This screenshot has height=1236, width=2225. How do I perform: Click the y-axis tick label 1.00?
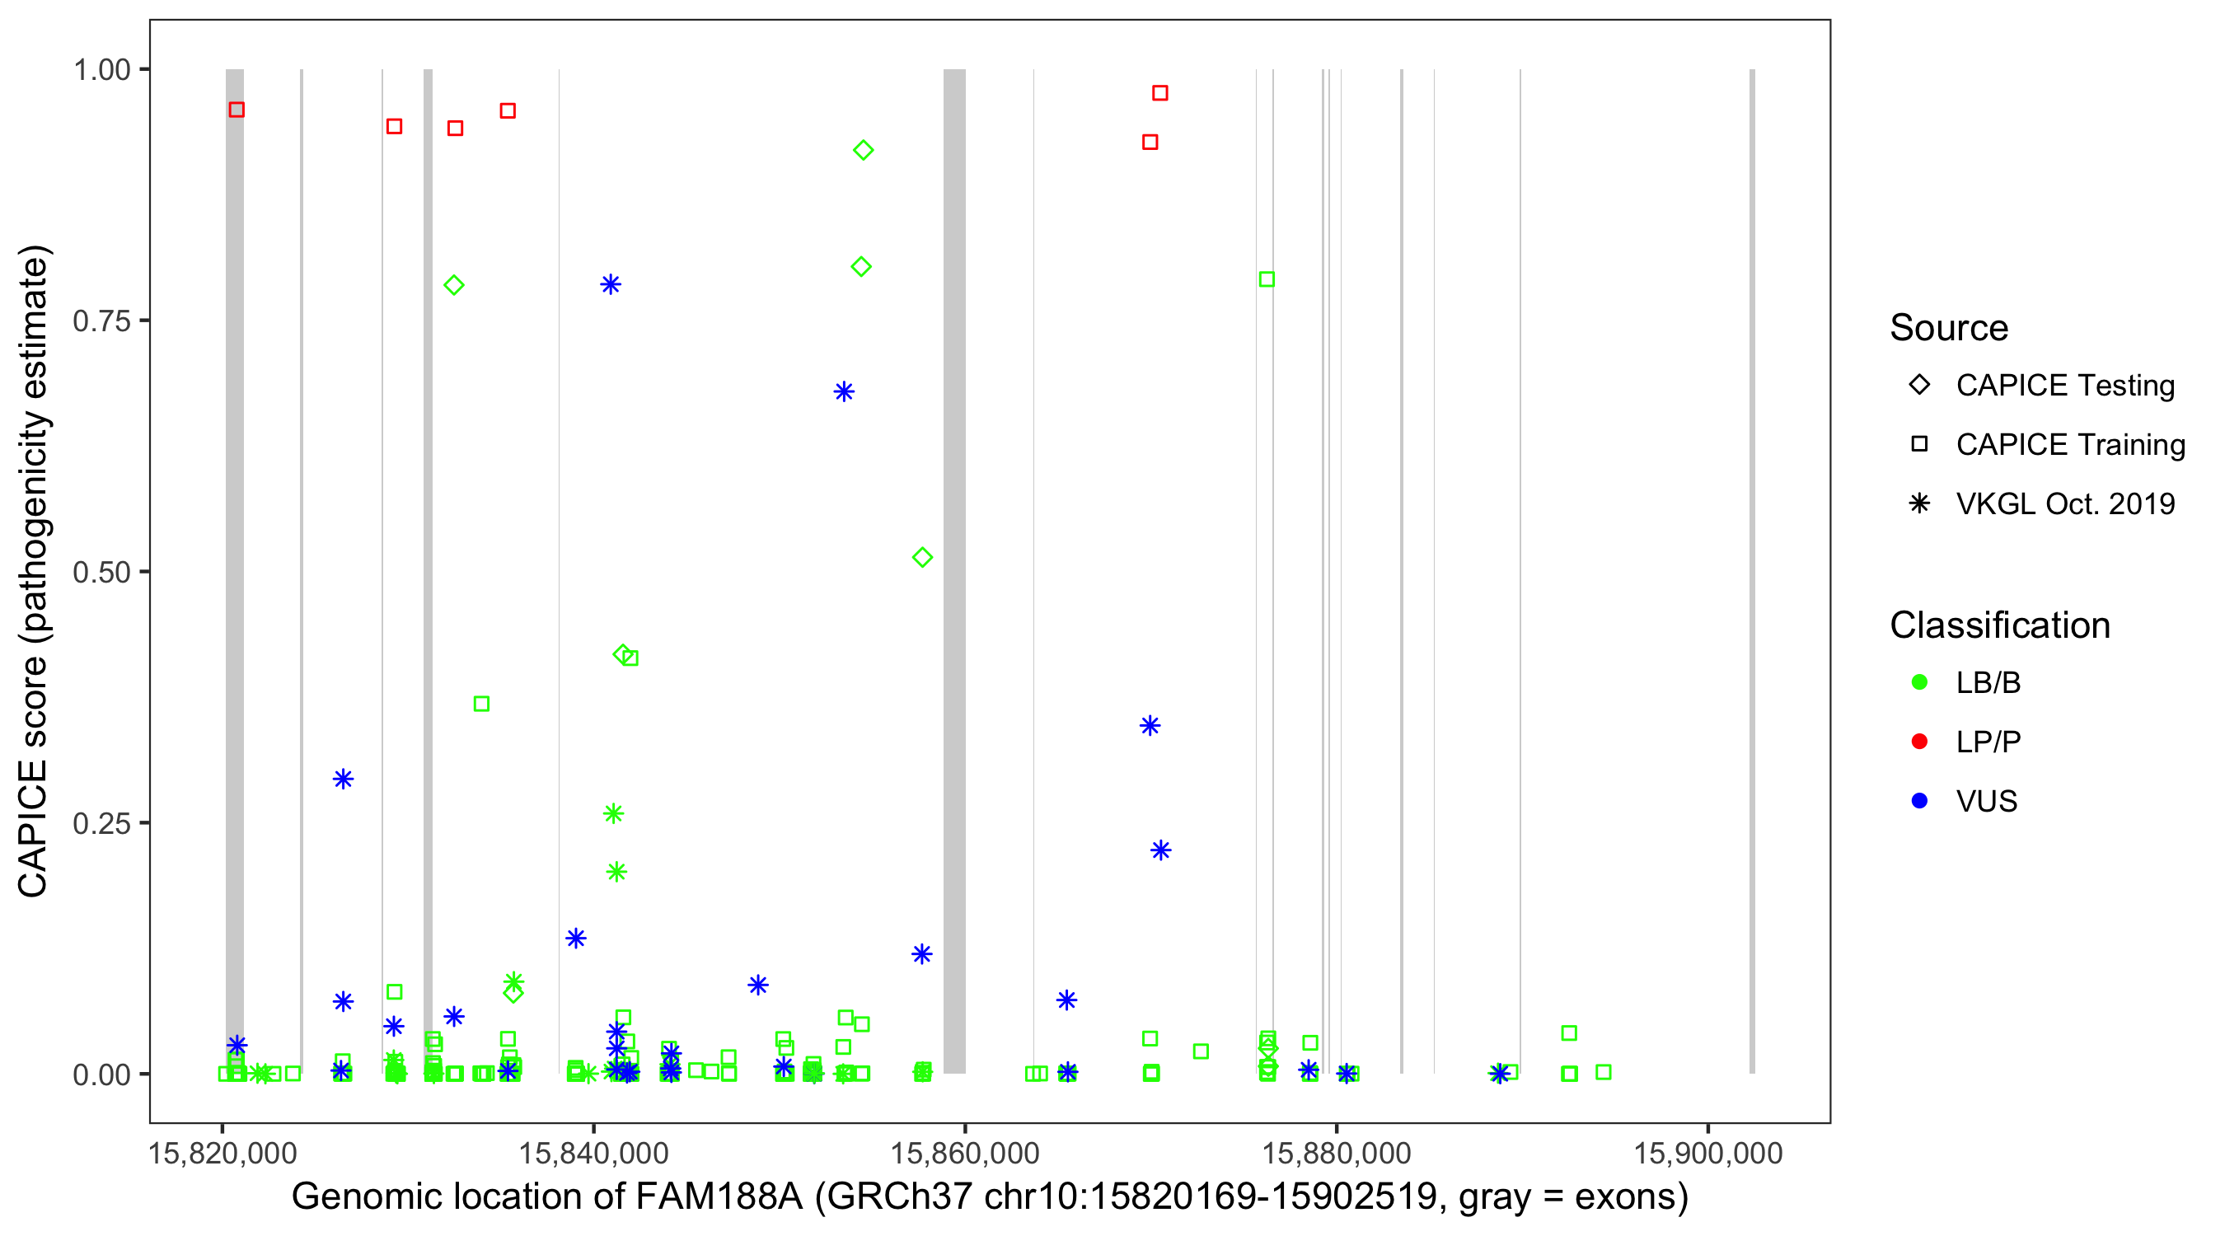point(101,70)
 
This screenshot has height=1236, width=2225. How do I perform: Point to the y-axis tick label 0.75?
point(101,321)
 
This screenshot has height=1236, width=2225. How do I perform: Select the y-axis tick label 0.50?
point(101,572)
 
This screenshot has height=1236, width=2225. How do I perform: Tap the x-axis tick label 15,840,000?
point(593,1153)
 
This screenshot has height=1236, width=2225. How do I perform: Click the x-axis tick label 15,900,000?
point(1707,1153)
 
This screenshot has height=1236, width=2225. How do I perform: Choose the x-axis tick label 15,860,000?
point(965,1153)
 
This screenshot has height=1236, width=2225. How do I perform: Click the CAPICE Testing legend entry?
point(2064,386)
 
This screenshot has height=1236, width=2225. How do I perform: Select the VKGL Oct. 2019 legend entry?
point(2064,503)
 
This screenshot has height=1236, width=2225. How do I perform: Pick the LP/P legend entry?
point(1988,742)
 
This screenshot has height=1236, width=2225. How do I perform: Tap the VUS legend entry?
point(1986,802)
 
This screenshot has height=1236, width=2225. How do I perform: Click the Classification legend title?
point(1999,625)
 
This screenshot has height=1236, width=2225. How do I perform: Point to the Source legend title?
point(1949,328)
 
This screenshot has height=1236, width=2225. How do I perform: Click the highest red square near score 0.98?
point(1160,93)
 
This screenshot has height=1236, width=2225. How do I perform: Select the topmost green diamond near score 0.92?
point(863,150)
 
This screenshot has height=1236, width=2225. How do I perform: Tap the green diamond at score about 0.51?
point(922,558)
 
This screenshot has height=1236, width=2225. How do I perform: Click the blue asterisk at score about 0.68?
point(844,392)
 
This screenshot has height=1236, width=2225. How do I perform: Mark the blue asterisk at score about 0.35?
point(1150,726)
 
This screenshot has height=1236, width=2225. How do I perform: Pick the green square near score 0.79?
point(1267,279)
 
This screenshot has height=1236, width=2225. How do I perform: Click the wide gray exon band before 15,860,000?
point(954,570)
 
